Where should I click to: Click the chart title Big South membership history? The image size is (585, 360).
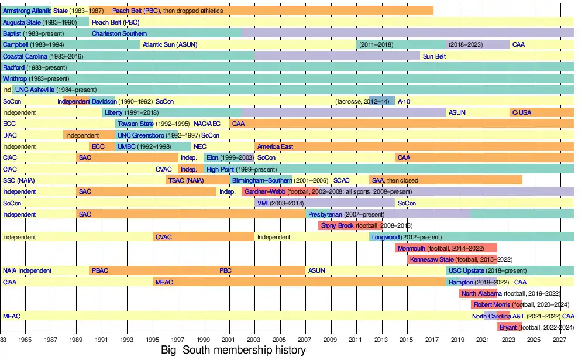[233, 351]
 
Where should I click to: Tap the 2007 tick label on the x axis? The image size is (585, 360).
[305, 340]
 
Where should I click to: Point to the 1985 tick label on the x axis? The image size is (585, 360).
[25, 340]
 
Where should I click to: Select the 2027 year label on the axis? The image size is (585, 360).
[559, 340]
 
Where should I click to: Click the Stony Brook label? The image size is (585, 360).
[338, 225]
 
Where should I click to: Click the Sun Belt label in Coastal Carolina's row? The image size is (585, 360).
[434, 56]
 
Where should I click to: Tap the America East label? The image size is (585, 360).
[275, 146]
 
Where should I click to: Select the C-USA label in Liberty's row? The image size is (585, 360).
[522, 112]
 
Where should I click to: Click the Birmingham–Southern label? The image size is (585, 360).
[261, 180]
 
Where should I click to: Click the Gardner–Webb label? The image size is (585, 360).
[262, 191]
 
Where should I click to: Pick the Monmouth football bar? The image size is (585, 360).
[446, 248]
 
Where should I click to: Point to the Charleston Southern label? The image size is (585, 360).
[119, 33]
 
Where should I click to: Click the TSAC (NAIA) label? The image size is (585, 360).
[186, 180]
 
